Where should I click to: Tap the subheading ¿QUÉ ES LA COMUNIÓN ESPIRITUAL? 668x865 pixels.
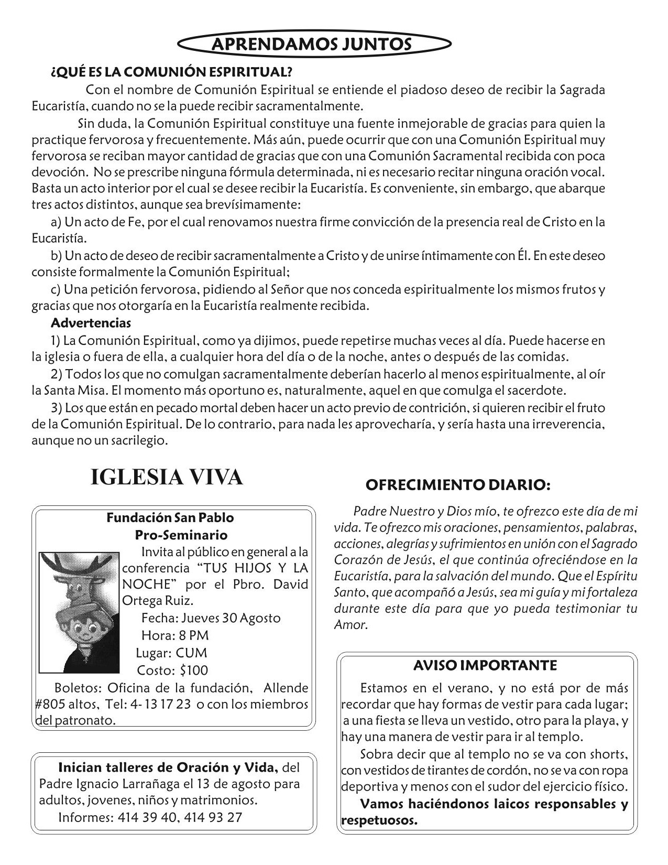click(171, 71)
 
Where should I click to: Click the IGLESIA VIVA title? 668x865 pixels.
click(167, 477)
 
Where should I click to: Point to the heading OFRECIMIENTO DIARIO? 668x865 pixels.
click(457, 485)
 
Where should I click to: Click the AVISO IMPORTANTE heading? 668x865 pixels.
click(485, 665)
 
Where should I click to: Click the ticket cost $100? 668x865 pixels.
click(193, 670)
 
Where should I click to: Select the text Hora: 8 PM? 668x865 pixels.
click(175, 635)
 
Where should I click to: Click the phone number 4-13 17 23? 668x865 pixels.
click(161, 704)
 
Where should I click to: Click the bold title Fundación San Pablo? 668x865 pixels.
click(170, 517)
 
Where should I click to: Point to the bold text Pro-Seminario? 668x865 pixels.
click(181, 535)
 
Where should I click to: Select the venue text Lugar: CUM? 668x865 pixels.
click(171, 653)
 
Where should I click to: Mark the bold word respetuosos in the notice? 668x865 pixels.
click(379, 820)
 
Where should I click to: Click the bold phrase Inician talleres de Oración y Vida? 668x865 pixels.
click(168, 768)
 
